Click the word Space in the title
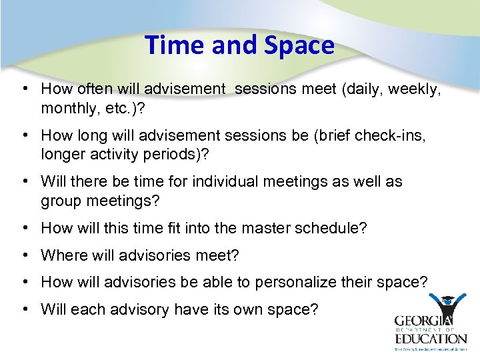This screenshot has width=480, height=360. click(299, 45)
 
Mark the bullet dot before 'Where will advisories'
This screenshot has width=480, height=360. click(24, 255)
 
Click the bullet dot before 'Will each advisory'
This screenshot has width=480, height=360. click(24, 309)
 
